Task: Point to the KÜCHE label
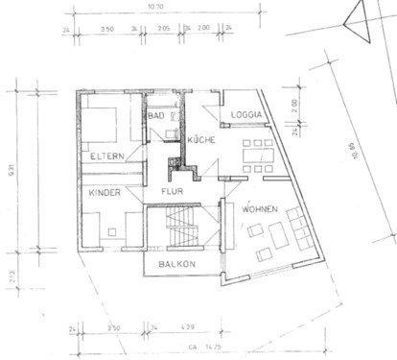[x=201, y=139]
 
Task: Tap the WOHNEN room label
[x=260, y=208]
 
